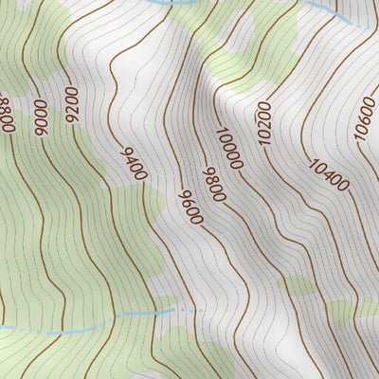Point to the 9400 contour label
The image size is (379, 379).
pyautogui.click(x=135, y=163)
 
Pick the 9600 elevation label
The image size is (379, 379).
pyautogui.click(x=190, y=207)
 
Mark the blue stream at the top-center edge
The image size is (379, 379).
pyautogui.click(x=171, y=3)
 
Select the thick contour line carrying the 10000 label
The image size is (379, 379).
pyautogui.click(x=204, y=104)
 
